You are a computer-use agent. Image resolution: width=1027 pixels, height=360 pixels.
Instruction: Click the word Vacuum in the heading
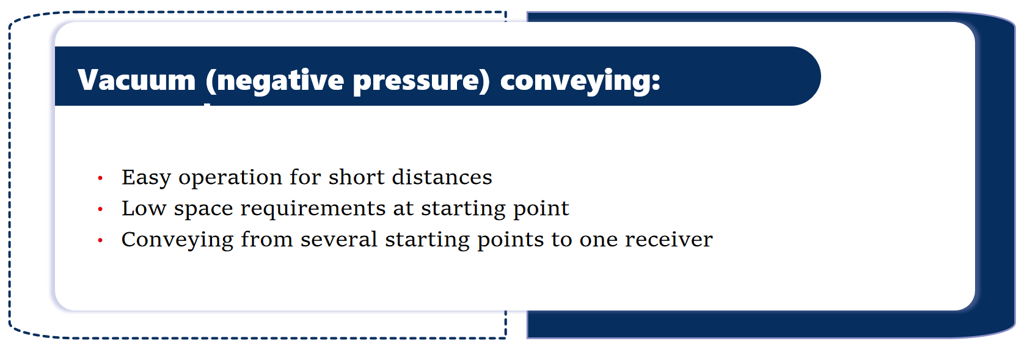pos(137,80)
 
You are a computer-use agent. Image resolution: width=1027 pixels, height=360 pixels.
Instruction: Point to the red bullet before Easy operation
pos(100,178)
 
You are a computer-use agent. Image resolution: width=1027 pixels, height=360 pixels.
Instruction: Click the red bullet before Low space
pos(100,210)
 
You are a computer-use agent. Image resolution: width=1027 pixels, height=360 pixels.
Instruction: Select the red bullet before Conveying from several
pos(100,240)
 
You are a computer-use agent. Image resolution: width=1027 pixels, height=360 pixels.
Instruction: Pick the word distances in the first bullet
pos(442,177)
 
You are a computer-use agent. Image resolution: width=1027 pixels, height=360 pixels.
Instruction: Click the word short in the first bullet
pos(356,177)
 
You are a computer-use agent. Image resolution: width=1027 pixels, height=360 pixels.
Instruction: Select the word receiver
pos(669,240)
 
